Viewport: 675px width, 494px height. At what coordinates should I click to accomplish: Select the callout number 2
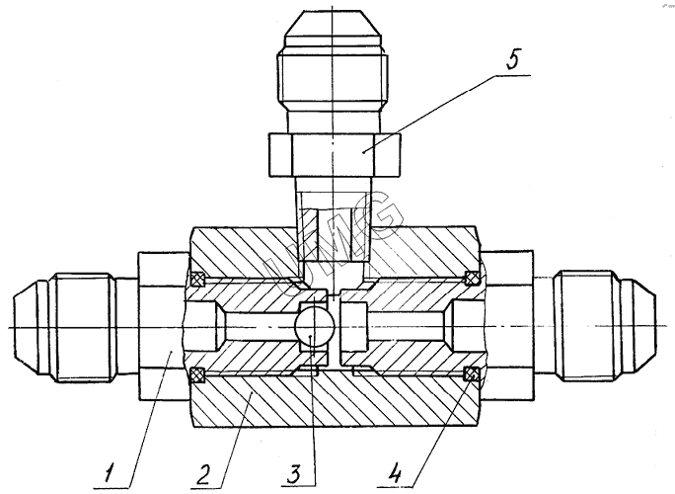[203, 472]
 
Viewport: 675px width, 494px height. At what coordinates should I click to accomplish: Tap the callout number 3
[295, 473]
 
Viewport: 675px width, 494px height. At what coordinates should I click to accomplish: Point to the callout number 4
[395, 473]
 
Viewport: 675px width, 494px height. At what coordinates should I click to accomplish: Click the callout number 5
[513, 58]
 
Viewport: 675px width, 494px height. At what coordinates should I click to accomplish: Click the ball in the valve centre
[314, 326]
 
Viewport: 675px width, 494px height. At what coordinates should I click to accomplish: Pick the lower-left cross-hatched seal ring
[197, 374]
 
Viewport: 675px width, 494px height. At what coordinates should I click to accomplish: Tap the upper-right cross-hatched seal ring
[472, 279]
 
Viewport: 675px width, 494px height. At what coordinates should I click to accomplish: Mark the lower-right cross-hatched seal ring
[471, 374]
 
